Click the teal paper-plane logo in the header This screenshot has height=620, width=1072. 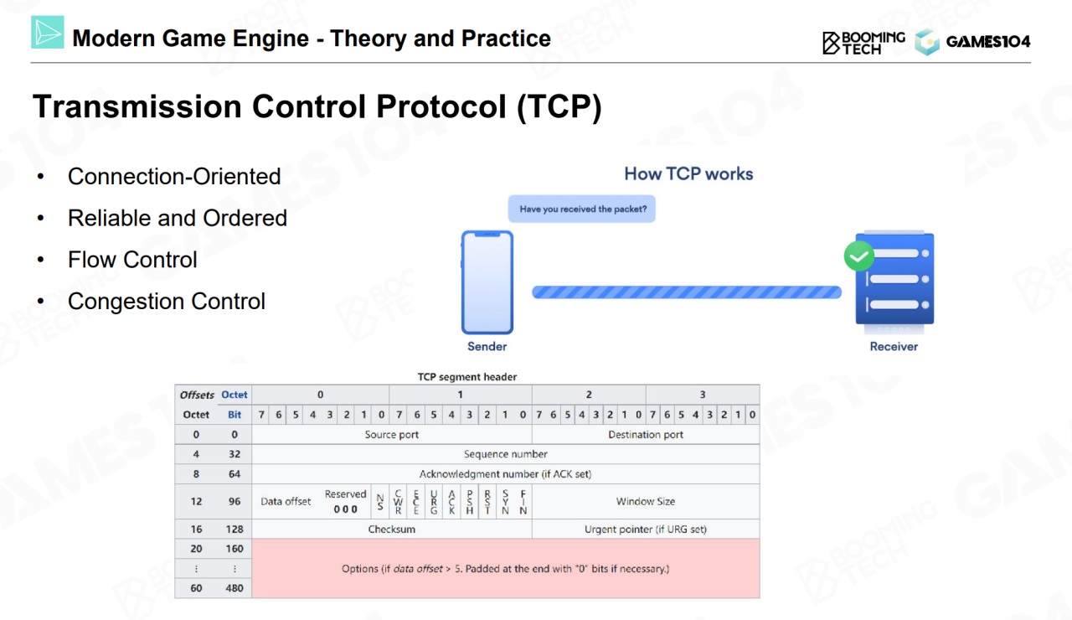point(48,32)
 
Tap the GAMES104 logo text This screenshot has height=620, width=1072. point(988,42)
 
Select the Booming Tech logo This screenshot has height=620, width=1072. point(863,43)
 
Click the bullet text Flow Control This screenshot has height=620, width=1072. point(132,260)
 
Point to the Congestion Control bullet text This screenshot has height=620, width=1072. point(167,301)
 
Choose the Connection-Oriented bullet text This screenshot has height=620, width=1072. point(174,176)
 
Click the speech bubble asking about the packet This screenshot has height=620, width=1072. point(582,209)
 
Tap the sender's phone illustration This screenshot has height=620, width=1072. point(487,282)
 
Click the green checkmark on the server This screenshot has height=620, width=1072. point(859,256)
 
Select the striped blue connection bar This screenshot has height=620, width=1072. point(687,292)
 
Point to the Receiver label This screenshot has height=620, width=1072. point(894,346)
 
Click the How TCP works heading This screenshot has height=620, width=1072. point(688,173)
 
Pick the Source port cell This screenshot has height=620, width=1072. point(392,434)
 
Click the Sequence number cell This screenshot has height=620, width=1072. point(506,454)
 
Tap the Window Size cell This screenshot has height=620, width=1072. point(646,501)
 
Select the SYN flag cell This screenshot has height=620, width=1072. point(505,501)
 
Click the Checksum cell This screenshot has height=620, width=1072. point(392,529)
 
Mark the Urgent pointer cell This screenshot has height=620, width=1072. point(646,529)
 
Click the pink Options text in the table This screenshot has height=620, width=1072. point(505,569)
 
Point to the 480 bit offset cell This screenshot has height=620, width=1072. point(234,588)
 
